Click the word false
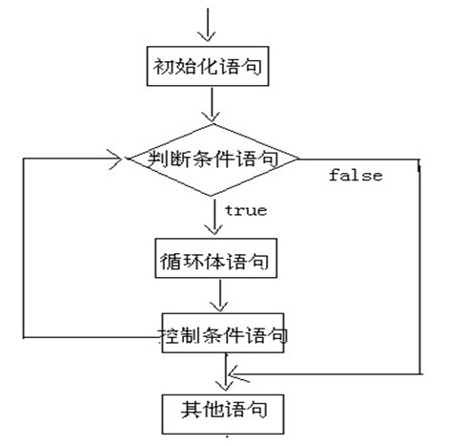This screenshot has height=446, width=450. pos(356,176)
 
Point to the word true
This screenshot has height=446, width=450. pos(246,210)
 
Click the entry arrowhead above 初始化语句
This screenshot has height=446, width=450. pos(207,36)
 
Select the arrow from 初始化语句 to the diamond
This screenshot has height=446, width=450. pos(212,105)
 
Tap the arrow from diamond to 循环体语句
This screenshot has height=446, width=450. pos(214,217)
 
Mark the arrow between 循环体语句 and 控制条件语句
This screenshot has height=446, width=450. pos(220,296)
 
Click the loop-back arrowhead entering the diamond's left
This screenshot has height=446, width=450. pos(115,159)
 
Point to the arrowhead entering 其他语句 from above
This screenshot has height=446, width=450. pos(225,385)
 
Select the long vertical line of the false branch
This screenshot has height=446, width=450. pos(420,266)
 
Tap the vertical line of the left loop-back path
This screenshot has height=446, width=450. pos(24,247)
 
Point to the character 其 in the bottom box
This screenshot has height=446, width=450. pos(191,410)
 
